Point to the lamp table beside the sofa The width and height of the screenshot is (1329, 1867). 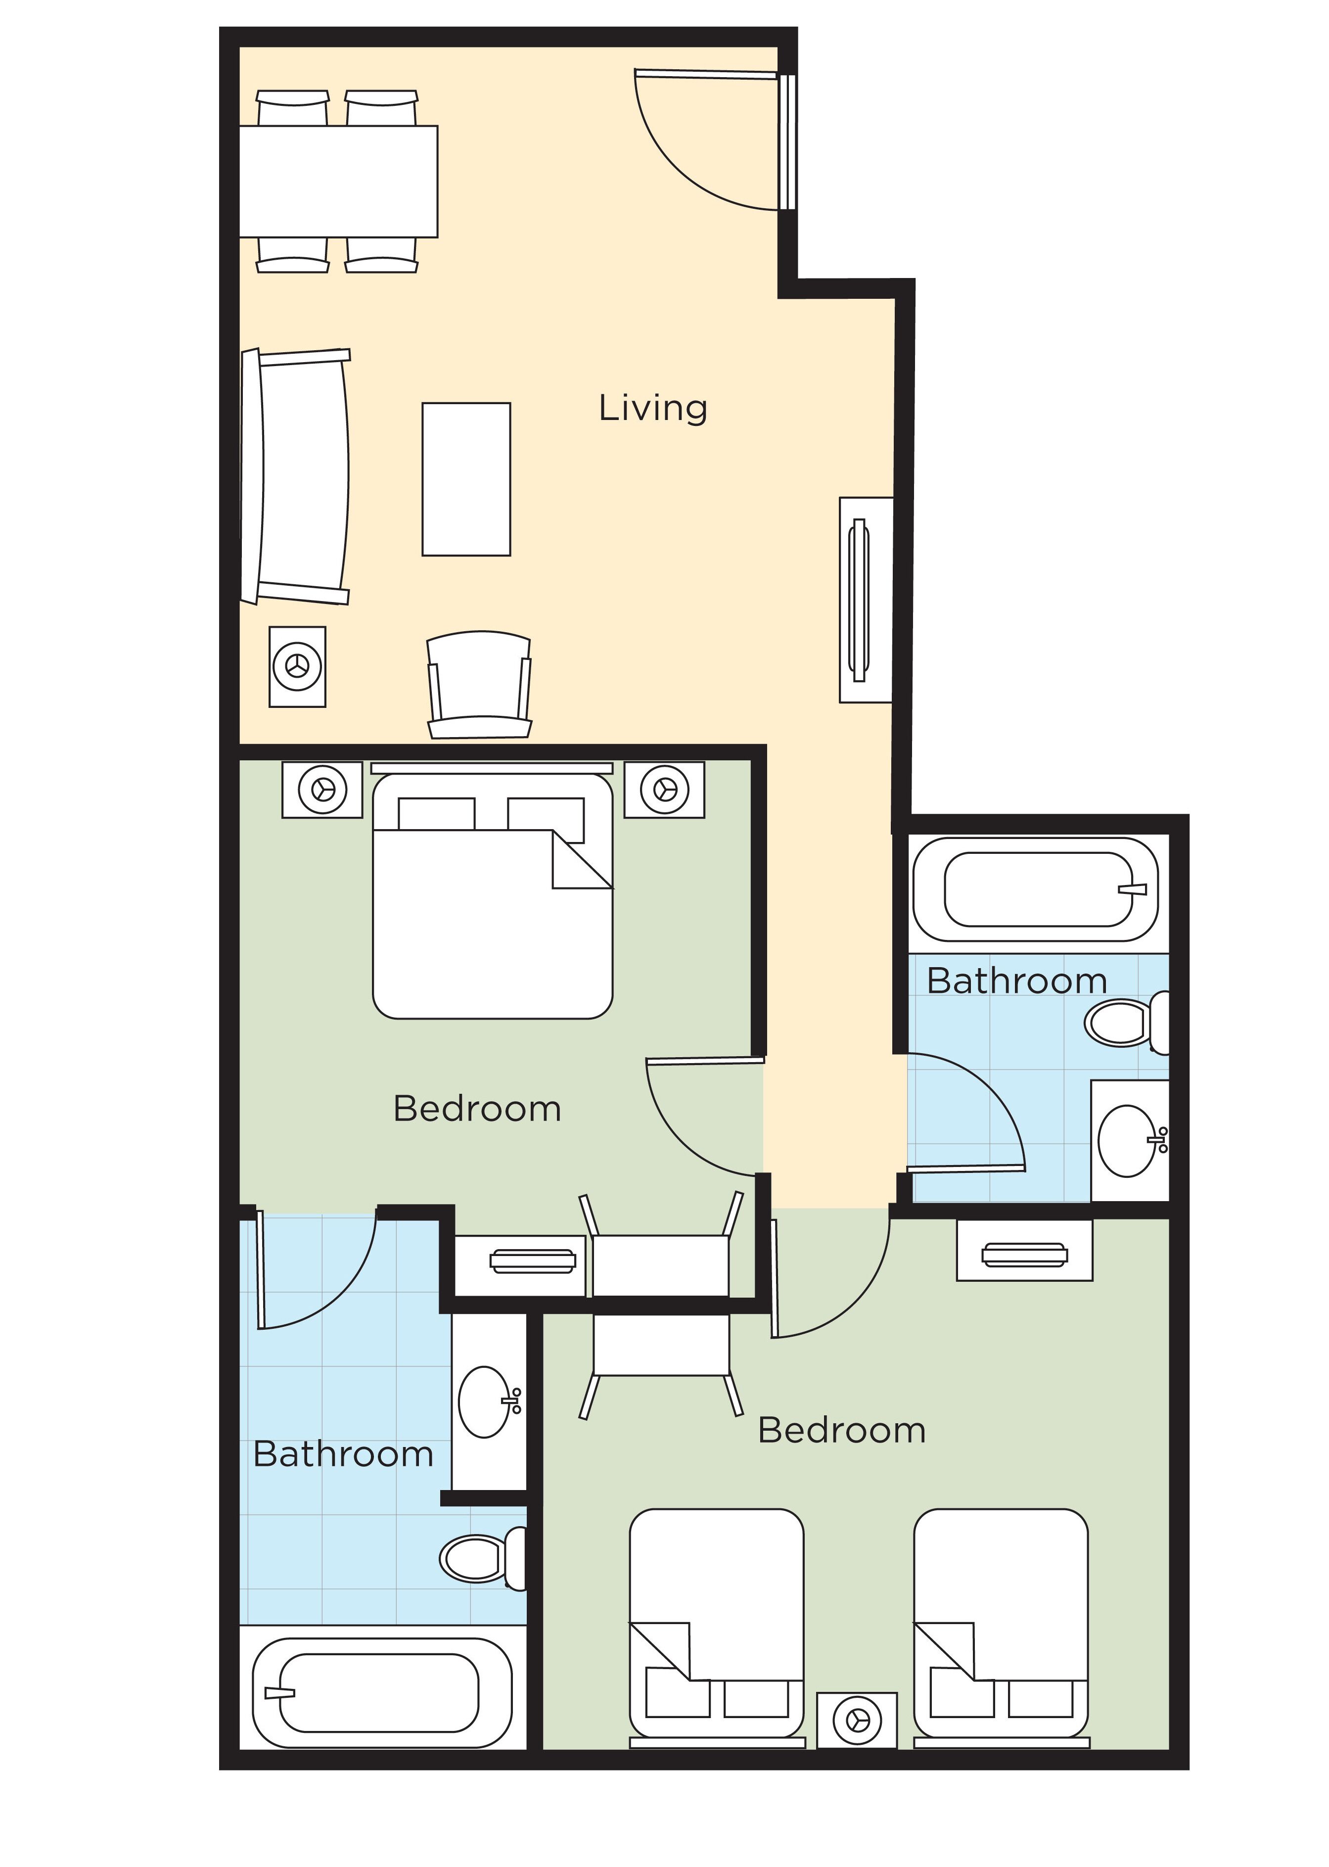point(297,666)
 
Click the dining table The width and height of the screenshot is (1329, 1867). point(338,181)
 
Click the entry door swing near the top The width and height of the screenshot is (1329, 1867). point(704,143)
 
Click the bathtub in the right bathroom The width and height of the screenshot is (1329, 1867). point(1036,889)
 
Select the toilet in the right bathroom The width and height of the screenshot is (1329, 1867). point(1125,1023)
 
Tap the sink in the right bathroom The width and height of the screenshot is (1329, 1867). point(1129,1140)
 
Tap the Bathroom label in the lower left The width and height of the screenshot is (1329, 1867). point(343,1454)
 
